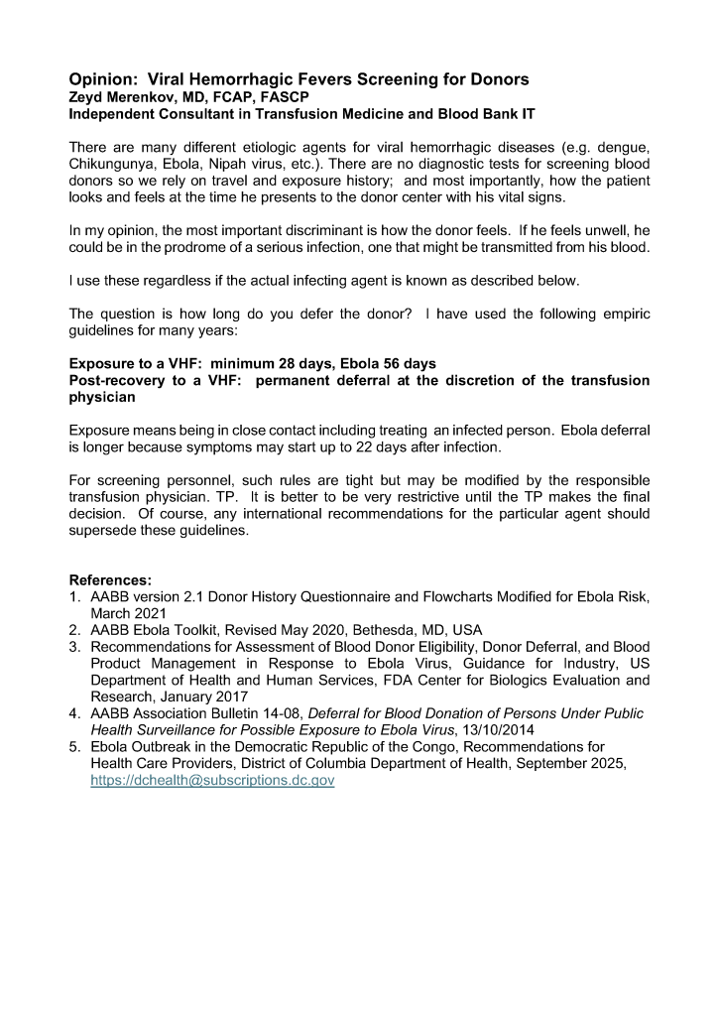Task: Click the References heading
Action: point(110,579)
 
